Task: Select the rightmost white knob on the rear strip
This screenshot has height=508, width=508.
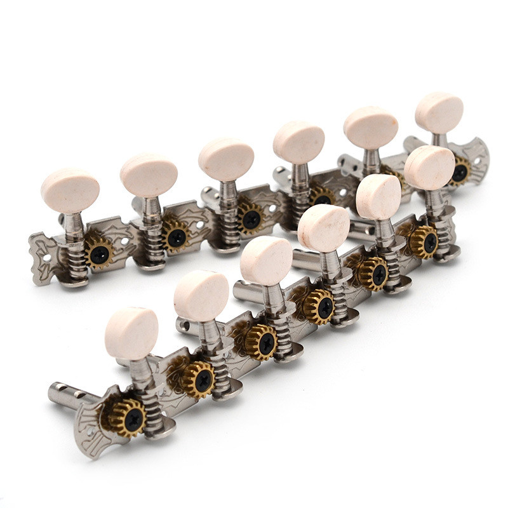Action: [439, 113]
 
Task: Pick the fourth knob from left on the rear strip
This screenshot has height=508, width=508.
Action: [298, 142]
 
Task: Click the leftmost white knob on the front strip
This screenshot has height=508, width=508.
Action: [131, 333]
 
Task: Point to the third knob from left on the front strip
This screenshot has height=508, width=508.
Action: [266, 260]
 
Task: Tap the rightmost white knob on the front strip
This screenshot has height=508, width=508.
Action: [429, 168]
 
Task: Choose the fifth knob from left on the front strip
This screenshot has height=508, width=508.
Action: [378, 197]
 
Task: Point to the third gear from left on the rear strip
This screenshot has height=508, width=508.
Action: [250, 217]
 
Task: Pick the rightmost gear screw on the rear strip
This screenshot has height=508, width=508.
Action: [459, 172]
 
